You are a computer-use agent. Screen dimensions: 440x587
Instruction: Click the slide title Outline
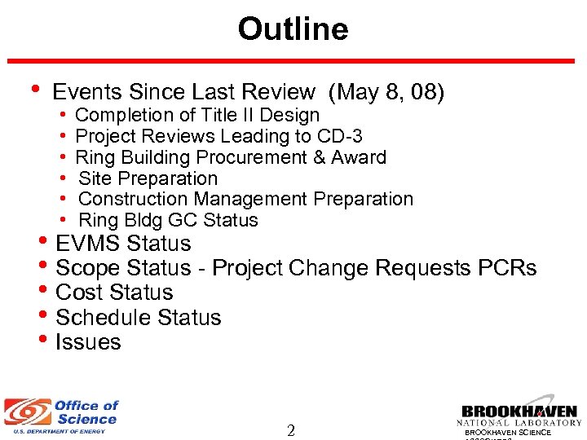pyautogui.click(x=293, y=29)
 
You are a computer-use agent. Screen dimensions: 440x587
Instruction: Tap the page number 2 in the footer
pyautogui.click(x=291, y=430)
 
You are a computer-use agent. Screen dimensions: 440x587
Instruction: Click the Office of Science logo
pyautogui.click(x=62, y=416)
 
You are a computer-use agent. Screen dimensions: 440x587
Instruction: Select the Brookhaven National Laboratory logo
pyautogui.click(x=519, y=416)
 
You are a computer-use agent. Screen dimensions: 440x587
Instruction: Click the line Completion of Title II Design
pyautogui.click(x=196, y=116)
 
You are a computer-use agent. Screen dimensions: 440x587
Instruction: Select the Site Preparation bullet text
pyautogui.click(x=148, y=178)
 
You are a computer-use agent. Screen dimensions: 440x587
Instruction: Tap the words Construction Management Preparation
pyautogui.click(x=245, y=199)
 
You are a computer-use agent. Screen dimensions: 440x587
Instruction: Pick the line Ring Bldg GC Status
pyautogui.click(x=168, y=220)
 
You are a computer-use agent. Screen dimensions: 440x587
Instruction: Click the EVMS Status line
pyautogui.click(x=123, y=244)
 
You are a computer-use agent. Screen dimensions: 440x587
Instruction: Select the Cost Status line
pyautogui.click(x=114, y=293)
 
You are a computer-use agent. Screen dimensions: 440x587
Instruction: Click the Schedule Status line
pyautogui.click(x=138, y=317)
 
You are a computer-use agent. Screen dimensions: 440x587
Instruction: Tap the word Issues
pyautogui.click(x=88, y=342)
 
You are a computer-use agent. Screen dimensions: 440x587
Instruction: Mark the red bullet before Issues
pyautogui.click(x=44, y=341)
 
